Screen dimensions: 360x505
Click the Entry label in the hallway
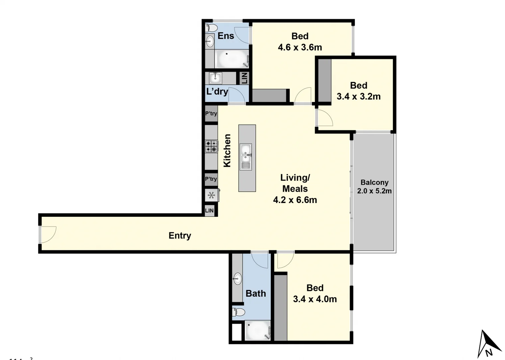(x=180, y=236)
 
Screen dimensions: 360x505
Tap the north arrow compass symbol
(x=488, y=345)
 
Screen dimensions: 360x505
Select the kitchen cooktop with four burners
(x=211, y=146)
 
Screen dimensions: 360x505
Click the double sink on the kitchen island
(x=246, y=157)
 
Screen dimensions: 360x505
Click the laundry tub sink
(x=215, y=78)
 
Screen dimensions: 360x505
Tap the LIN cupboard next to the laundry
(x=244, y=78)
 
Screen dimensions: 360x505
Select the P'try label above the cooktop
(x=211, y=114)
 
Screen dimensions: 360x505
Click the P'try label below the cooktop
(x=211, y=179)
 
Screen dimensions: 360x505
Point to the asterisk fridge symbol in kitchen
(x=211, y=195)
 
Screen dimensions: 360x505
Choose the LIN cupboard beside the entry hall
(x=209, y=211)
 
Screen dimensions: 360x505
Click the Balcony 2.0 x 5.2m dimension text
(x=374, y=191)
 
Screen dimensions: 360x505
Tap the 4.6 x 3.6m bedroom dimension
(x=300, y=47)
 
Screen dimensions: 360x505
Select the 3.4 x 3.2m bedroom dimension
(x=359, y=97)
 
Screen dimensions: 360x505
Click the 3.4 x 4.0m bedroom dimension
(x=315, y=299)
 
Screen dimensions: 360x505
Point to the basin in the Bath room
(x=237, y=278)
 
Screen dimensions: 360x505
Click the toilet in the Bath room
(x=239, y=312)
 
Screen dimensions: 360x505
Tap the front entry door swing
(x=48, y=234)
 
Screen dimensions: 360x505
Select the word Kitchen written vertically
(x=227, y=150)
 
